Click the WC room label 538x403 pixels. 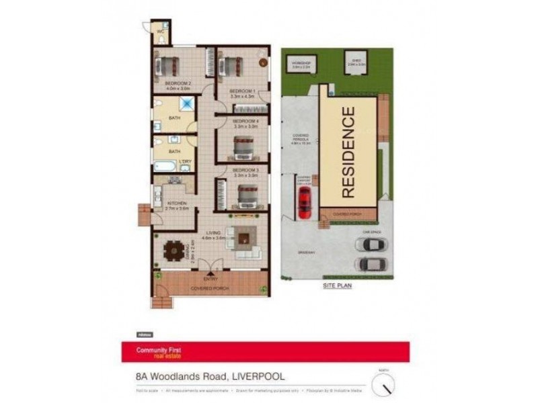[161, 31]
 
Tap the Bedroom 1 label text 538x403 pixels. [243, 91]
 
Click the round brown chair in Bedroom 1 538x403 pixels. [262, 62]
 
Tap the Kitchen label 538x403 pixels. [176, 203]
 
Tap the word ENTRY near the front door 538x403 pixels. [210, 277]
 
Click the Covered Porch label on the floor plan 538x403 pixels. [210, 288]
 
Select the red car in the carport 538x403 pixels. [305, 201]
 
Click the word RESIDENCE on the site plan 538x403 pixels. [348, 152]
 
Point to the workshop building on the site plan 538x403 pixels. [301, 64]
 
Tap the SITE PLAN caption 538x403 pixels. [338, 285]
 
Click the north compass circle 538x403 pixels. [383, 385]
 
